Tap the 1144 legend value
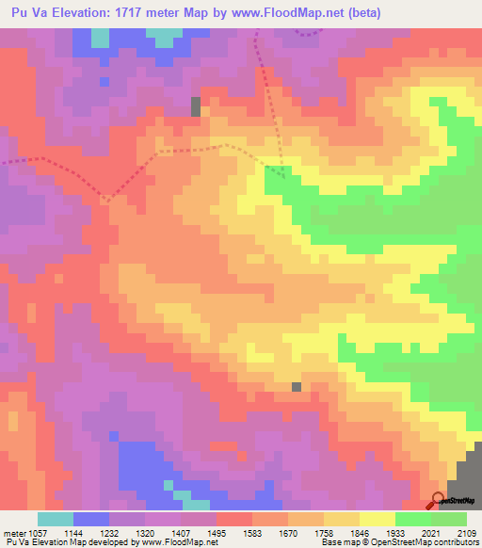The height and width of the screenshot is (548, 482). click(x=92, y=532)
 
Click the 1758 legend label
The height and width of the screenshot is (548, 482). click(x=341, y=532)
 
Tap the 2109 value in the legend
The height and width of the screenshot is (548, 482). click(x=465, y=532)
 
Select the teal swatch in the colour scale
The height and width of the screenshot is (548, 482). click(x=56, y=519)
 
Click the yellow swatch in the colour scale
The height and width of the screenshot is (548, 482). click(x=377, y=519)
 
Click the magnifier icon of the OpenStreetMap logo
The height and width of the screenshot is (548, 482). click(x=438, y=500)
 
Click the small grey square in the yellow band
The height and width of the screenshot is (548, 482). click(x=297, y=386)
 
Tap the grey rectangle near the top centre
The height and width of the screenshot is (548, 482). click(x=196, y=106)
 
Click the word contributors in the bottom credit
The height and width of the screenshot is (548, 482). click(x=455, y=542)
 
